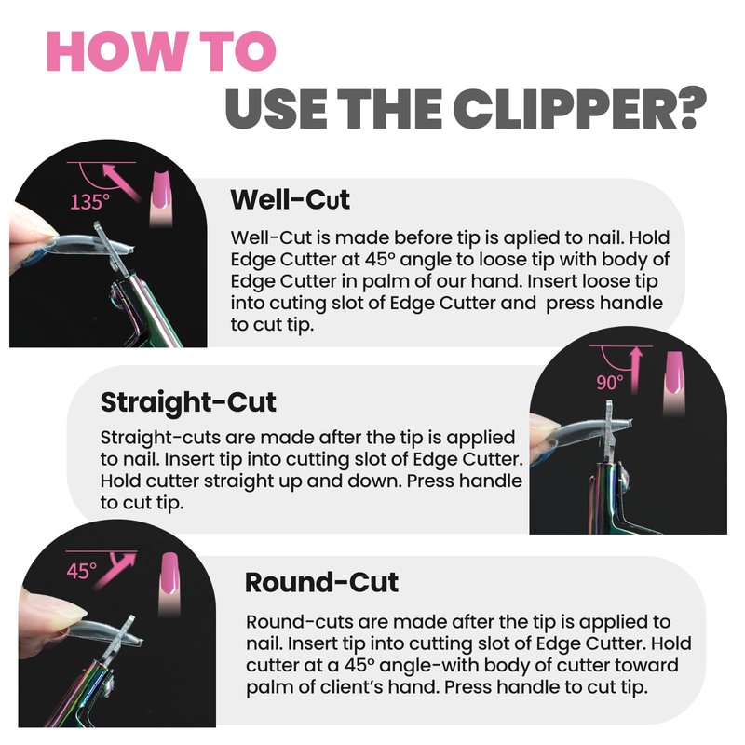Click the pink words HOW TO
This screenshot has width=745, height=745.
161,52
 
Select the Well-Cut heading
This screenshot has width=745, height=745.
291,199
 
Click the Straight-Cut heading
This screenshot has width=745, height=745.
188,402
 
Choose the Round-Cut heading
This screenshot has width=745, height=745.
321,583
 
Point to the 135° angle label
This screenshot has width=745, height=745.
89,202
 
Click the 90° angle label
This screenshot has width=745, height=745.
610,383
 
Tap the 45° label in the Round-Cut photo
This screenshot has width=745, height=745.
81,571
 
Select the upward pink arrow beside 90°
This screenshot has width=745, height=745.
636,371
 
